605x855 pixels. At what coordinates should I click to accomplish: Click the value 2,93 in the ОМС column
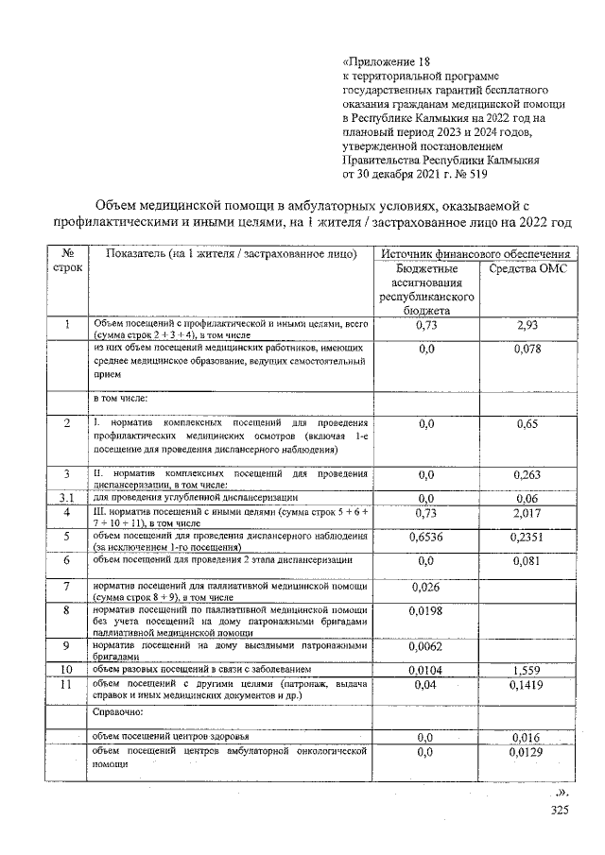click(x=527, y=326)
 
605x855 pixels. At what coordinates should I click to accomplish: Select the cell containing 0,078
click(x=527, y=350)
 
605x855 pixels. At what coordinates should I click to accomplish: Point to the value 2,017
click(x=527, y=513)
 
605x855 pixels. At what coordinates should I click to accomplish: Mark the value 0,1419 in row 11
click(x=527, y=685)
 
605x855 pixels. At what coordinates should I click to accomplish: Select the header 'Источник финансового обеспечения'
click(x=475, y=254)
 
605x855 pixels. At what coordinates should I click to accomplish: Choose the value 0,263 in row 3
click(x=527, y=474)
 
